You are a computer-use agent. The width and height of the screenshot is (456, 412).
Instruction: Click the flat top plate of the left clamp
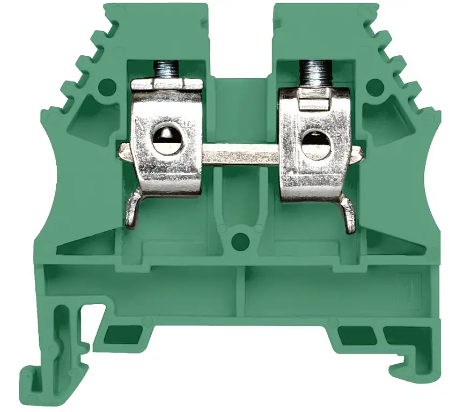pos(167,85)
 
